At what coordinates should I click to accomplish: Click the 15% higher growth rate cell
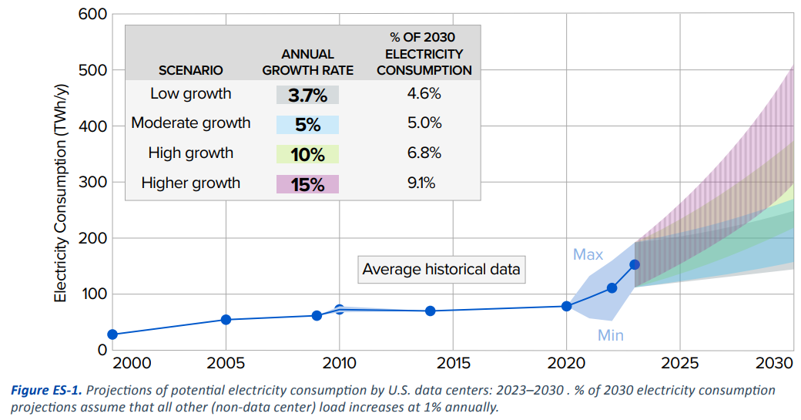pyautogui.click(x=307, y=184)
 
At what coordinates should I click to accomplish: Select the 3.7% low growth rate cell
pyautogui.click(x=307, y=95)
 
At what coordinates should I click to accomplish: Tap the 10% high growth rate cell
pyautogui.click(x=307, y=153)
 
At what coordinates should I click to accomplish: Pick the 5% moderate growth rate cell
pyautogui.click(x=307, y=124)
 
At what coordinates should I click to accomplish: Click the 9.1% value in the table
pyautogui.click(x=424, y=183)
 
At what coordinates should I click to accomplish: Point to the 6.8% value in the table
pyautogui.click(x=424, y=153)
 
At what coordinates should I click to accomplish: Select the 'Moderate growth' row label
pyautogui.click(x=191, y=123)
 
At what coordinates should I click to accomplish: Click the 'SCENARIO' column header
pyautogui.click(x=190, y=70)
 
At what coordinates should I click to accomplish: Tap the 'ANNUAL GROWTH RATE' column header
pyautogui.click(x=307, y=62)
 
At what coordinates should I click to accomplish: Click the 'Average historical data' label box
pyautogui.click(x=441, y=270)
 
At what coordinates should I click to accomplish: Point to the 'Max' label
pyautogui.click(x=588, y=255)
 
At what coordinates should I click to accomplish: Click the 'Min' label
pyautogui.click(x=611, y=335)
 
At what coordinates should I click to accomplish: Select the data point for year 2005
pyautogui.click(x=226, y=319)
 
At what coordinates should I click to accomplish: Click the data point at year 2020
pyautogui.click(x=567, y=306)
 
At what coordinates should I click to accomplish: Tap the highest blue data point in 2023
pyautogui.click(x=635, y=264)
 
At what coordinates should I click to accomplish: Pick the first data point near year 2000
pyautogui.click(x=112, y=334)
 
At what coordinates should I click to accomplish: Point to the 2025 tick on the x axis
pyautogui.click(x=680, y=363)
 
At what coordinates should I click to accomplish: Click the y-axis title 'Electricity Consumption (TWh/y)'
pyautogui.click(x=60, y=183)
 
